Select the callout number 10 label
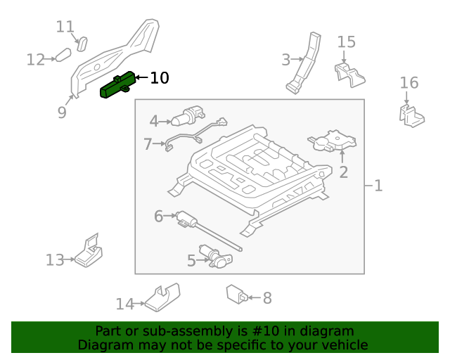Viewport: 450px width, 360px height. pos(160,78)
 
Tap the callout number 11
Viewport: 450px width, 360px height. pos(65,27)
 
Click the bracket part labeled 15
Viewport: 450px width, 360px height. pos(349,72)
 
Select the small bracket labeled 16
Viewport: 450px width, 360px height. pos(412,116)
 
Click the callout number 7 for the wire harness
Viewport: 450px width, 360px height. pos(148,145)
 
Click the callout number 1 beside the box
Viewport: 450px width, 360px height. pos(378,186)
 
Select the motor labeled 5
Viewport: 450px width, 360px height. pos(216,257)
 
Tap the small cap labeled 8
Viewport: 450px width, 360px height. pos(236,294)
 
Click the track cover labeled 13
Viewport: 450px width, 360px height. pos(89,252)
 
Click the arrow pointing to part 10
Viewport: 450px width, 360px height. pos(141,78)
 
